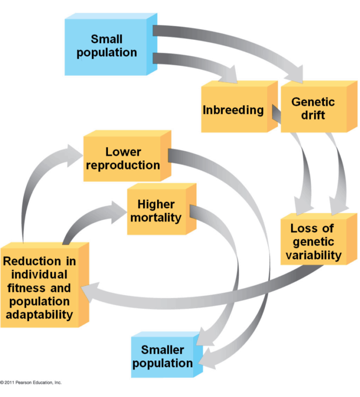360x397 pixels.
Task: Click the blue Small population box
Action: coord(107,46)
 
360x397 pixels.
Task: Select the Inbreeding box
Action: coord(233,110)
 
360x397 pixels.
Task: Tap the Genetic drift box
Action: coord(313,108)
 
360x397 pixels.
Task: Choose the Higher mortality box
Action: coord(156,211)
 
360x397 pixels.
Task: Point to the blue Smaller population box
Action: coord(163,356)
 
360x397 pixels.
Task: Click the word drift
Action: coord(313,115)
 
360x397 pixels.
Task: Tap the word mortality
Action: coord(156,217)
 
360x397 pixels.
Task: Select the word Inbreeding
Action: coord(233,110)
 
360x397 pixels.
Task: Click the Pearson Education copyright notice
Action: coord(31,382)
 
